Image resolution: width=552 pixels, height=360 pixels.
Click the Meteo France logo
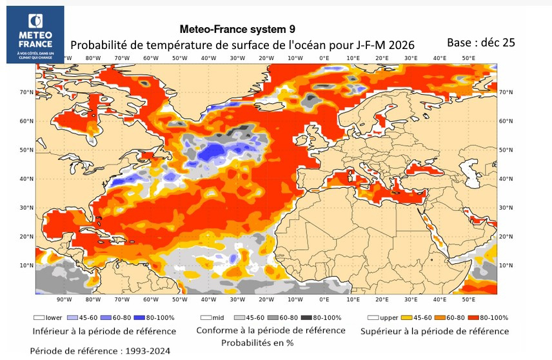point(35,35)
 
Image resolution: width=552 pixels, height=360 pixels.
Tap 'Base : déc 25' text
point(480,43)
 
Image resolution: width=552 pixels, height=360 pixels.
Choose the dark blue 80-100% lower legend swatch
point(134,318)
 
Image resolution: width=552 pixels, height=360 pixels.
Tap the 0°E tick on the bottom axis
point(324,299)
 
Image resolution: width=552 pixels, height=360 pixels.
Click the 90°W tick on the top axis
point(63,58)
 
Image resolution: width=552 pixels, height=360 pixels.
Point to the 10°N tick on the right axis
point(506,265)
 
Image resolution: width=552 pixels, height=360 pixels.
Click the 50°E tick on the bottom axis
point(469,299)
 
